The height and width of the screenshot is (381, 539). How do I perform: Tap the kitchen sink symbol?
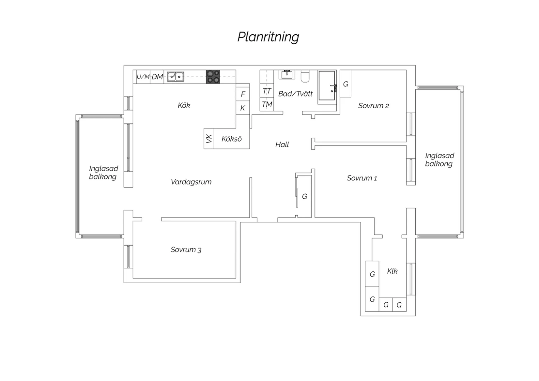click(175, 77)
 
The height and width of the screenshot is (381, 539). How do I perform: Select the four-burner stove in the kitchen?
click(213, 77)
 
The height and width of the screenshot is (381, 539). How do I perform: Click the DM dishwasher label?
click(157, 77)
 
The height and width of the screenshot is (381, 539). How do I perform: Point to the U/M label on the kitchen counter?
click(143, 77)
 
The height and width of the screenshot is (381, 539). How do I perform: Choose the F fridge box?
click(243, 94)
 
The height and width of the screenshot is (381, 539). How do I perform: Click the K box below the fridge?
click(243, 108)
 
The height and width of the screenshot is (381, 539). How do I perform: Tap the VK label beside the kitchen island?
click(209, 139)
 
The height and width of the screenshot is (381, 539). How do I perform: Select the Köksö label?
click(231, 139)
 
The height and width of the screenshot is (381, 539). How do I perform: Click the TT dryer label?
click(267, 91)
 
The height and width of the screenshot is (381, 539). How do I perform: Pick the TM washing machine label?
click(267, 105)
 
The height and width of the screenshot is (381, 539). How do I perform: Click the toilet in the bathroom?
click(305, 76)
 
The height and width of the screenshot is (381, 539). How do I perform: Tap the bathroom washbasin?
click(287, 74)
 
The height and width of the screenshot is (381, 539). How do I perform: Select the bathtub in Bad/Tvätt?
click(327, 86)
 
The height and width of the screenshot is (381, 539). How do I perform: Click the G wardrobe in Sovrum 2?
click(346, 83)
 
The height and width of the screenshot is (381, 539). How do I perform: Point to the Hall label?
click(282, 144)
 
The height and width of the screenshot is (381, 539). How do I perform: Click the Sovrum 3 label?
click(186, 249)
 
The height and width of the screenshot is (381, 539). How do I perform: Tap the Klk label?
click(392, 271)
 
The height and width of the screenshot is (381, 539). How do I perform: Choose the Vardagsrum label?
click(191, 182)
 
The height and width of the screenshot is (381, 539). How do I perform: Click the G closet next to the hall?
click(305, 196)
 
